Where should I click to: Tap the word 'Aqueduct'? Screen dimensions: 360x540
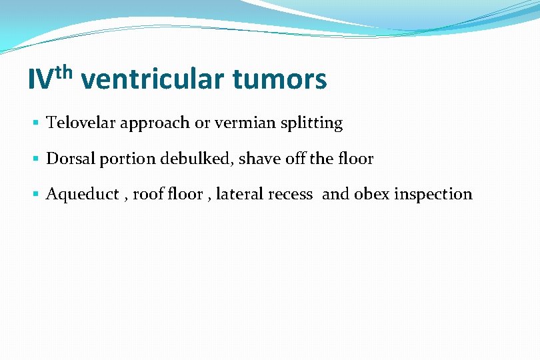coord(80,195)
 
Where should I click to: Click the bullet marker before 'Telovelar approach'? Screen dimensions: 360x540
coord(35,123)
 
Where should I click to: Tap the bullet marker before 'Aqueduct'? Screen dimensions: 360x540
coord(35,195)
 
